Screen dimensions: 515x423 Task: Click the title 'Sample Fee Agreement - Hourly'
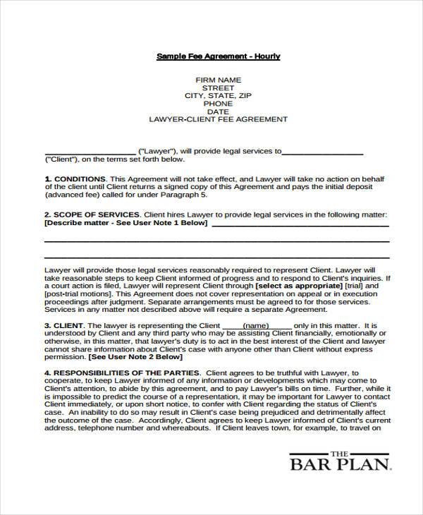coord(218,56)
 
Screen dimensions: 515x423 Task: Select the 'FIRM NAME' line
coord(218,80)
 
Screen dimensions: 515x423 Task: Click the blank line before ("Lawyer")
coord(90,152)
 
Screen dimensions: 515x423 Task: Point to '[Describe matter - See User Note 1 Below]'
coord(125,224)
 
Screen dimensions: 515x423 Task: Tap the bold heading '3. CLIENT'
coord(64,325)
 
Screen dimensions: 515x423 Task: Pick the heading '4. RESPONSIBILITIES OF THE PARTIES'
coord(122,372)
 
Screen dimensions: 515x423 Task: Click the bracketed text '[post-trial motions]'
coord(78,296)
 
